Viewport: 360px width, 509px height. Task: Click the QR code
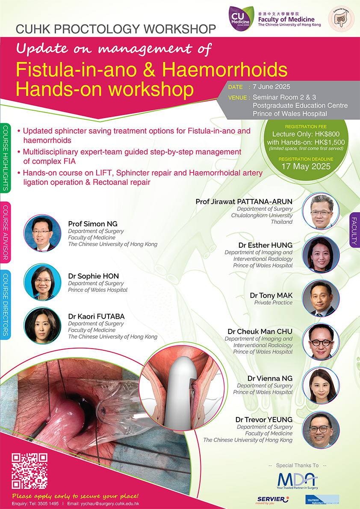pos(30,471)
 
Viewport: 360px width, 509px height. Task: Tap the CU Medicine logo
pos(241,18)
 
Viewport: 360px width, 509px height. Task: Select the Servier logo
pos(272,500)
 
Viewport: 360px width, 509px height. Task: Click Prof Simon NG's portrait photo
pos(42,233)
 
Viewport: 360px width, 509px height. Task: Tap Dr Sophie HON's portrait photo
pos(42,282)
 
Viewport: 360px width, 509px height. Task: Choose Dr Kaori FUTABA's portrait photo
pos(42,326)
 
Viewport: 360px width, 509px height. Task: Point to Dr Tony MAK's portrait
pos(321,298)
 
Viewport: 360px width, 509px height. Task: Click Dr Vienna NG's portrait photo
pos(321,385)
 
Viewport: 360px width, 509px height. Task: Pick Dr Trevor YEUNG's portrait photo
pos(321,430)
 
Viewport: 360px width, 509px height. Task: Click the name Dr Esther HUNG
pos(265,245)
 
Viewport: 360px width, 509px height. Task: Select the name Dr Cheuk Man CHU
pos(260,331)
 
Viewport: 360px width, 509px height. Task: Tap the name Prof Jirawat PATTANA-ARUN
pos(244,201)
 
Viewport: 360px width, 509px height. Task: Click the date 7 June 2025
pos(271,87)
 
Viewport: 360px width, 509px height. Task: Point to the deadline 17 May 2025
pos(306,166)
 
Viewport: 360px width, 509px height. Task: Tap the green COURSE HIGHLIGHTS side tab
pos(6,158)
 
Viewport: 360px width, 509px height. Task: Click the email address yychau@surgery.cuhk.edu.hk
pos(112,503)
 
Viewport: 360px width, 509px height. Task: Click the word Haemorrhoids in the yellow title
pos(225,69)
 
